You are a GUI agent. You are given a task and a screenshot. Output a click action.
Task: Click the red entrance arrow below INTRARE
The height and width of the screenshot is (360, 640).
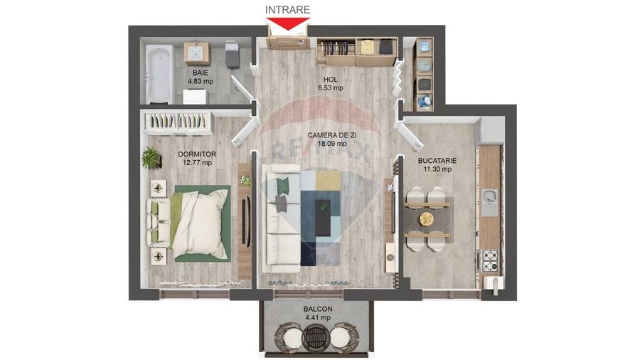tap(288, 23)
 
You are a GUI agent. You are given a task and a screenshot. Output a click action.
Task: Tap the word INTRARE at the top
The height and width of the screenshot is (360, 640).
tap(288, 9)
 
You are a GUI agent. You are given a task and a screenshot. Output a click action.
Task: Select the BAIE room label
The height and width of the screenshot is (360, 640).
tap(200, 73)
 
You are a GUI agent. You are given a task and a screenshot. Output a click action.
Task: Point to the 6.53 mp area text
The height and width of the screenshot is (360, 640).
tap(331, 88)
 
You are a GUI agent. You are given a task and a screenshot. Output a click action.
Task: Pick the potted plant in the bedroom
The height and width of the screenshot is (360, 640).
tap(151, 157)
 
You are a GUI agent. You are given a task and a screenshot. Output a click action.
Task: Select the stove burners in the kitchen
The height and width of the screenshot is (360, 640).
tap(491, 260)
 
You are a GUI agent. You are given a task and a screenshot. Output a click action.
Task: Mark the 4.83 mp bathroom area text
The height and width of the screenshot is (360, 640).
tap(200, 81)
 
